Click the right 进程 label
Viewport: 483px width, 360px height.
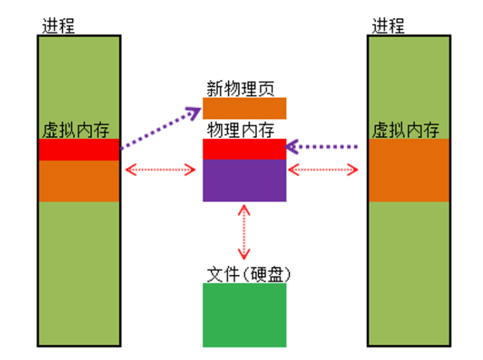click(x=388, y=26)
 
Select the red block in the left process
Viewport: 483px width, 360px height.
click(x=78, y=150)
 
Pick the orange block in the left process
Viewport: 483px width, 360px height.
click(x=78, y=181)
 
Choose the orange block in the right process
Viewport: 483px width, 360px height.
click(x=409, y=170)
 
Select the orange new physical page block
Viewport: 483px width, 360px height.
click(x=244, y=108)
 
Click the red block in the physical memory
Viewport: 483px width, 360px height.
click(x=244, y=150)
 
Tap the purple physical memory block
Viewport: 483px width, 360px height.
click(x=244, y=180)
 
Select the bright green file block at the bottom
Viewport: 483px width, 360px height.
click(x=244, y=315)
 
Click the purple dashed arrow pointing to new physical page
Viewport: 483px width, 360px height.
click(x=161, y=127)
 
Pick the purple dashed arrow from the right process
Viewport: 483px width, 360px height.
click(x=323, y=146)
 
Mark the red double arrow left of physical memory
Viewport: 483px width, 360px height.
click(x=161, y=170)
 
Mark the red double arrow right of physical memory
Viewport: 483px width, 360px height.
click(x=323, y=170)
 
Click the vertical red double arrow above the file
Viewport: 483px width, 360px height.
click(x=244, y=231)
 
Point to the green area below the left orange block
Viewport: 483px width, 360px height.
click(x=78, y=270)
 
